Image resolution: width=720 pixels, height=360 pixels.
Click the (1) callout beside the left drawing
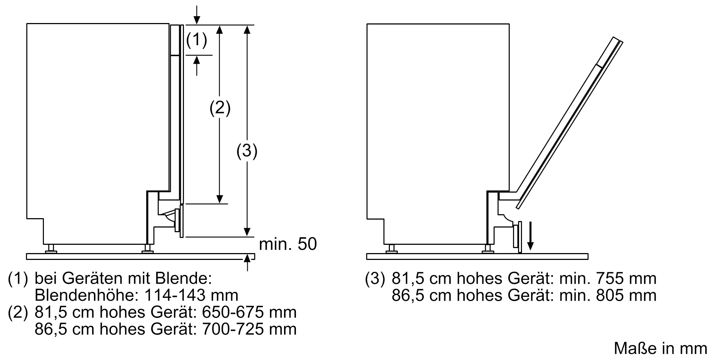tap(197, 40)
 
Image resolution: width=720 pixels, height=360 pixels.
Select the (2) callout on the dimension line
tap(220, 108)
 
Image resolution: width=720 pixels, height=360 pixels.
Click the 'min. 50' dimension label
tap(288, 244)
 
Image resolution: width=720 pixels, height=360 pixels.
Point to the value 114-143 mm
tap(191, 295)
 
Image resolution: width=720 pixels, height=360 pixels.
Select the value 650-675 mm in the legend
tap(249, 312)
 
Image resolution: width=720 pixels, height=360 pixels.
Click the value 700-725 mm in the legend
tap(249, 329)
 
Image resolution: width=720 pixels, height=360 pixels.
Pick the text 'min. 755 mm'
tap(608, 279)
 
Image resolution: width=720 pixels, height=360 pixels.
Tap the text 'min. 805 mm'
tap(608, 295)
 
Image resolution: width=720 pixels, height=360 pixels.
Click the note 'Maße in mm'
tap(660, 348)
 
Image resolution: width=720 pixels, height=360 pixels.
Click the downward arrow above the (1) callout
tap(197, 15)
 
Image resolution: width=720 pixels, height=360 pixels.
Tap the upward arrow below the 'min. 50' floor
tap(247, 262)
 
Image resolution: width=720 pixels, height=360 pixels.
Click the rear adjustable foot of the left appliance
tap(51, 248)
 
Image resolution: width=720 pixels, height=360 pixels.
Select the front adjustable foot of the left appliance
tap(148, 248)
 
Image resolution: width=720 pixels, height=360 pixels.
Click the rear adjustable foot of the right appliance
tap(391, 248)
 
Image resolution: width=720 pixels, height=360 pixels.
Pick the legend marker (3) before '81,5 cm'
tap(375, 279)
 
